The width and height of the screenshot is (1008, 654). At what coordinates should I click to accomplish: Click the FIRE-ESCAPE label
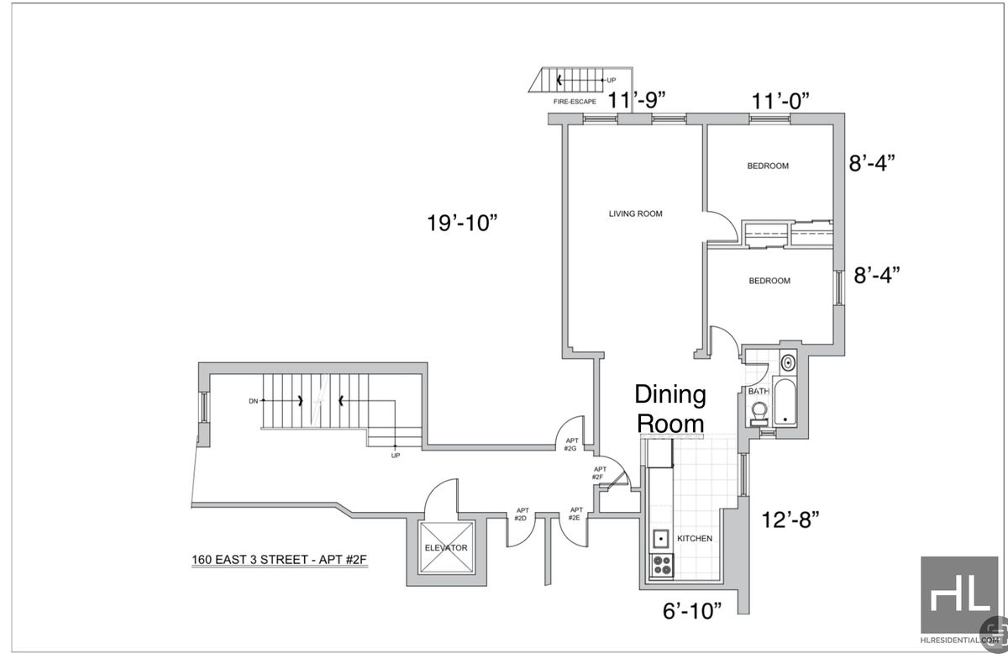(x=574, y=102)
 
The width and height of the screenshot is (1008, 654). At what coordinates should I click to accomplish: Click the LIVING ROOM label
(x=635, y=214)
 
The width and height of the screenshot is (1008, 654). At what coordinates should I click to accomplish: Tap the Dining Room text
(x=669, y=408)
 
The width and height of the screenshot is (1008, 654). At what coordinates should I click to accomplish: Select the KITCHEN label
(x=695, y=538)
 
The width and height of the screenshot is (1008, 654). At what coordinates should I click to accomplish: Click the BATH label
(x=759, y=391)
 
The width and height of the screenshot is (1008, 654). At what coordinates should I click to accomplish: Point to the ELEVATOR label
(x=446, y=548)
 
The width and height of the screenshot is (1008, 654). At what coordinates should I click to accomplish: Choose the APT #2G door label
(x=570, y=444)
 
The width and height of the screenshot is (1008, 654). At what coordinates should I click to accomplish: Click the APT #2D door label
(x=522, y=514)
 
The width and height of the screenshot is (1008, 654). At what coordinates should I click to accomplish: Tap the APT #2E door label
(x=576, y=514)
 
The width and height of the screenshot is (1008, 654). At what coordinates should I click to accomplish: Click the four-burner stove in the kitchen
(x=662, y=566)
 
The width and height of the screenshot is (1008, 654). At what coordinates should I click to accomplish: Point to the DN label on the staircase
(x=253, y=401)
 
